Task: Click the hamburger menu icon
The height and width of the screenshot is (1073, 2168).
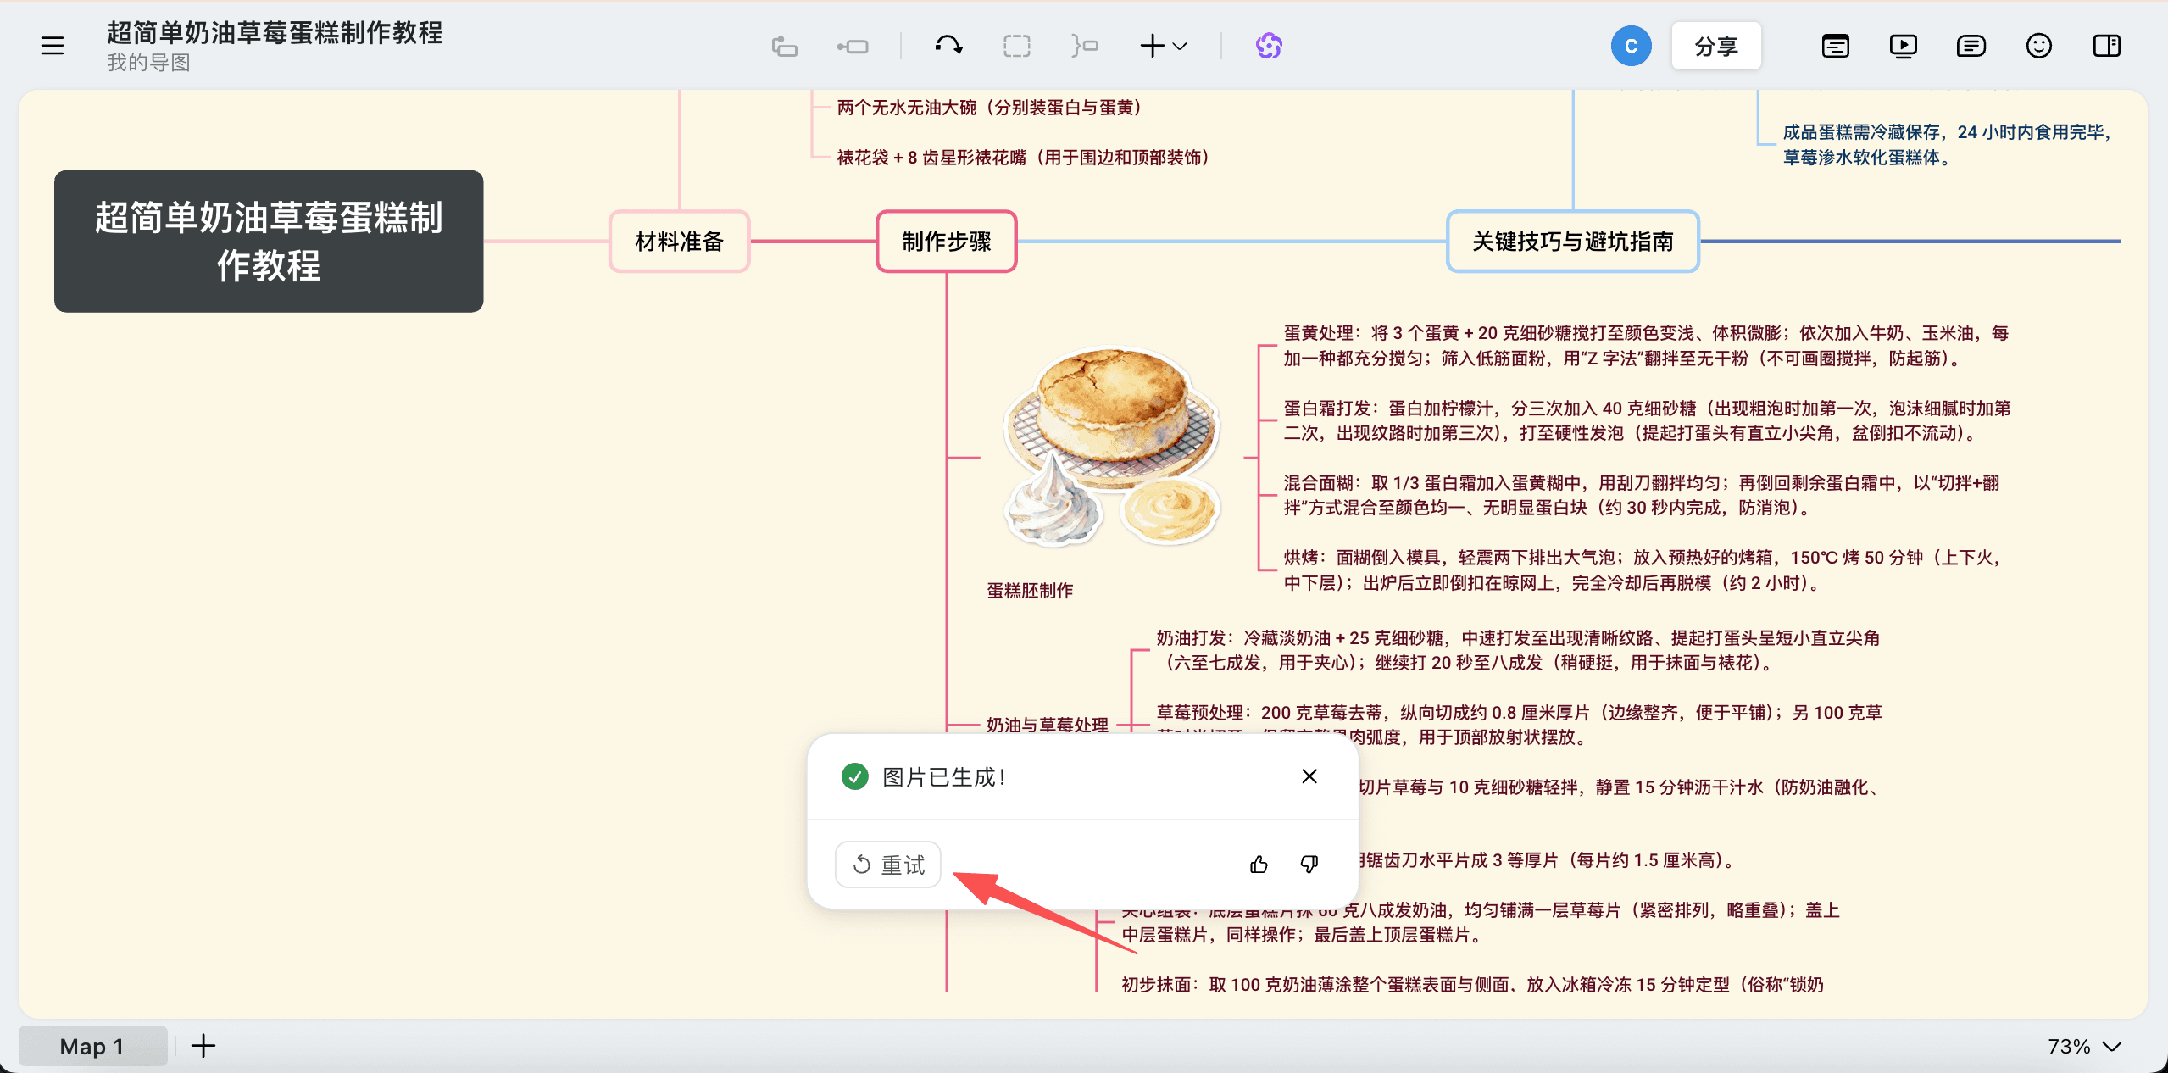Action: point(53,46)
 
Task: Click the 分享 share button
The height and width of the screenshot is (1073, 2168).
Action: point(1715,46)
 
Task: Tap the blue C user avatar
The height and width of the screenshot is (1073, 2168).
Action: point(1631,46)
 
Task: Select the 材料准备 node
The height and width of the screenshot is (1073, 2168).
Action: point(679,242)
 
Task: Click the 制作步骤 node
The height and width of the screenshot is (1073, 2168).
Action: point(946,242)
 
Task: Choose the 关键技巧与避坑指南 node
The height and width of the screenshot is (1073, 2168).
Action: point(1572,242)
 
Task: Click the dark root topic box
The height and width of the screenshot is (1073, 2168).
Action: point(269,242)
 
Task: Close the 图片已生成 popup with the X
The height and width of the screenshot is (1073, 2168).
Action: point(1309,776)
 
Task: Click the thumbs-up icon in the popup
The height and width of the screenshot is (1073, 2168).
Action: point(1259,864)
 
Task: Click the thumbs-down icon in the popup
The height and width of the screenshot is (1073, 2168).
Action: point(1309,864)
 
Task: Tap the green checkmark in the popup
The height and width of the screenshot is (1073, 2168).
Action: point(854,776)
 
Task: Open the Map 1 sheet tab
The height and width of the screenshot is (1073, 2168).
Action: point(92,1047)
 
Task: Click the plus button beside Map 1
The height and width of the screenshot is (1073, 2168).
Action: point(203,1047)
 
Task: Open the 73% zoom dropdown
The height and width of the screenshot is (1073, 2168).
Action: point(2083,1047)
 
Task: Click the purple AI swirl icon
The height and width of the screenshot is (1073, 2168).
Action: point(1268,46)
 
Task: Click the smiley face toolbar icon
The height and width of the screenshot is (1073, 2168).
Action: point(2038,46)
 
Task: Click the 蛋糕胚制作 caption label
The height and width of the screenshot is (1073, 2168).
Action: point(1030,591)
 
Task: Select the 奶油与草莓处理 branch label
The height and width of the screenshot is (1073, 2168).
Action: point(1047,725)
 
